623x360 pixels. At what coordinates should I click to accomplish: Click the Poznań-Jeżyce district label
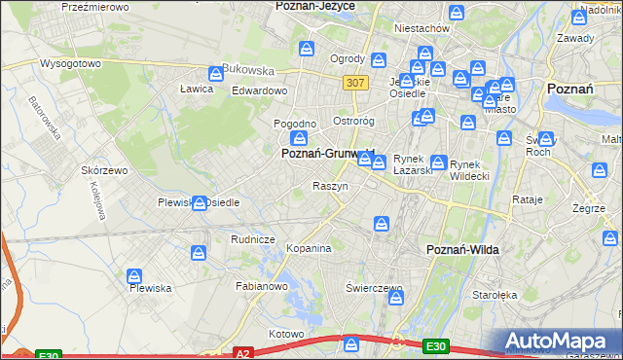pyautogui.click(x=314, y=6)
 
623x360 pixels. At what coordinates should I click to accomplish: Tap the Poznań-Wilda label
pyautogui.click(x=463, y=250)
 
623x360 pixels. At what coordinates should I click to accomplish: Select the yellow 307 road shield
pyautogui.click(x=355, y=83)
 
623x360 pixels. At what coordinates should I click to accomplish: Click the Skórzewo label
pyautogui.click(x=104, y=170)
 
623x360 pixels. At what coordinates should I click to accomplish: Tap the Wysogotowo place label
pyautogui.click(x=70, y=63)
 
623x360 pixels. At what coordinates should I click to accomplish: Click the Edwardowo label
pyautogui.click(x=259, y=90)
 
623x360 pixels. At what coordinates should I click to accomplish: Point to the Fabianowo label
pyautogui.click(x=261, y=287)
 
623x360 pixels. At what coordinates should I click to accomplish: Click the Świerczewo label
pyautogui.click(x=374, y=289)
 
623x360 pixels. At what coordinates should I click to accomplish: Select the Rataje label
pyautogui.click(x=527, y=199)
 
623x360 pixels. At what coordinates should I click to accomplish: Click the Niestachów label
pyautogui.click(x=421, y=28)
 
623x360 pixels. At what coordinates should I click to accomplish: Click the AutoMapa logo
pyautogui.click(x=558, y=342)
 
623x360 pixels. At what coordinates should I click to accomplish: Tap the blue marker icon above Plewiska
pyautogui.click(x=134, y=276)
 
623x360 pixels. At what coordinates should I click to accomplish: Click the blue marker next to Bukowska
pyautogui.click(x=216, y=73)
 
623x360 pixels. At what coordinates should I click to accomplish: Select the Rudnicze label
pyautogui.click(x=252, y=239)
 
